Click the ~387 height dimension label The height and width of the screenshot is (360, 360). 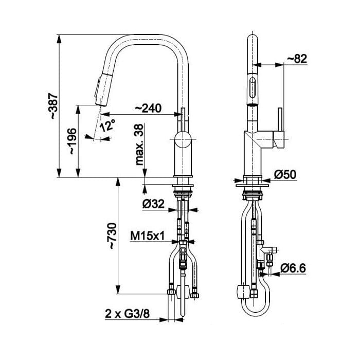click(54, 106)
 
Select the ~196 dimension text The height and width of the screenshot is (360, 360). click(73, 141)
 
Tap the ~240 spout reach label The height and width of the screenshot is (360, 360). click(148, 108)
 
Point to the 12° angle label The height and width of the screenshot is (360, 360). click(107, 125)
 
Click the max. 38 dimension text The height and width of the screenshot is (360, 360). click(139, 145)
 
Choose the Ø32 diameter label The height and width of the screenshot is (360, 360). click(153, 204)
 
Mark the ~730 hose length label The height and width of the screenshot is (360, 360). click(113, 236)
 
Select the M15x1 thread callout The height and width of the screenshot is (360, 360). click(148, 236)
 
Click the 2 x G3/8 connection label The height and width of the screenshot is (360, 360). click(127, 314)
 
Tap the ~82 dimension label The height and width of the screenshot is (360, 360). click(297, 59)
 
